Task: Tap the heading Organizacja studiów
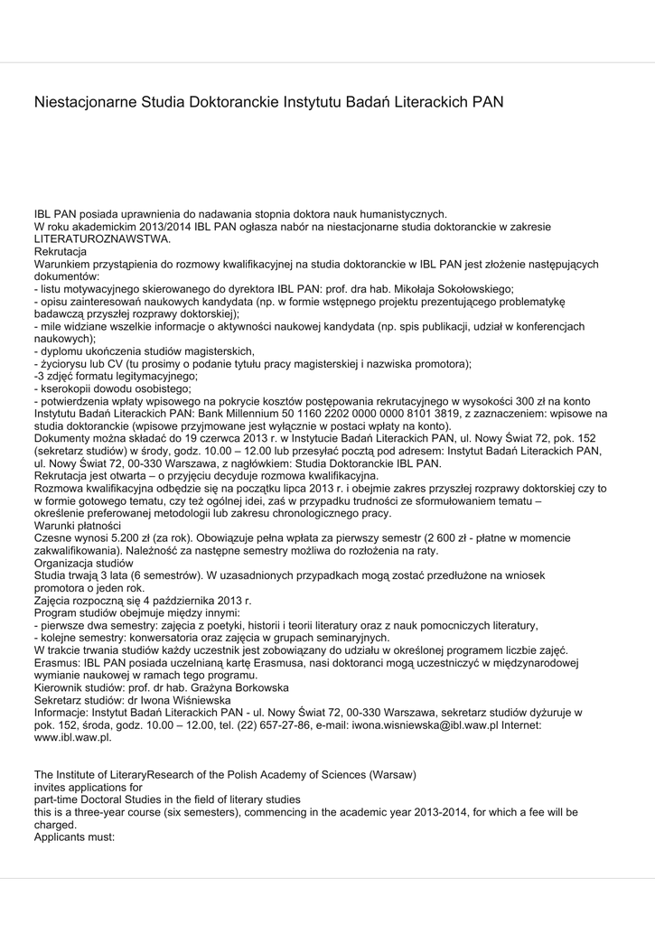pyautogui.click(x=85, y=562)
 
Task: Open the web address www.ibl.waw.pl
pyautogui.click(x=73, y=737)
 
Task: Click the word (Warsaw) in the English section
pyautogui.click(x=388, y=774)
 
